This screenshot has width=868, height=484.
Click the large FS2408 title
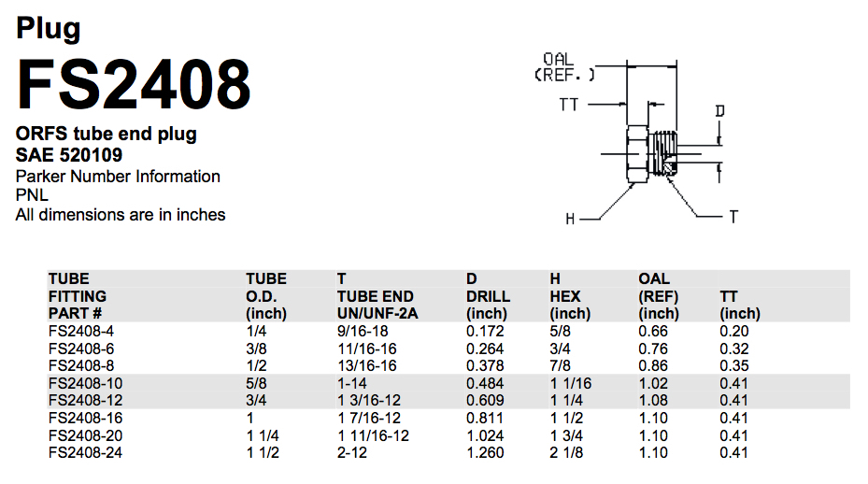click(134, 84)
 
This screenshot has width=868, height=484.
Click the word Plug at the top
click(48, 28)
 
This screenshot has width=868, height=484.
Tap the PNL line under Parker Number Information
click(32, 195)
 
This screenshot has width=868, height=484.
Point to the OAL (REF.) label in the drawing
click(564, 67)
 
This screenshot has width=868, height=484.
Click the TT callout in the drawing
click(569, 105)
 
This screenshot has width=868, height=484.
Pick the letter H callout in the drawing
click(570, 219)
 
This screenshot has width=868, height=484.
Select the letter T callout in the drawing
click(733, 217)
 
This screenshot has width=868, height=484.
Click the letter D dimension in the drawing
click(719, 111)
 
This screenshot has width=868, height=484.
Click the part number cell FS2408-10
click(85, 383)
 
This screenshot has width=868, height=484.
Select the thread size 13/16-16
click(366, 365)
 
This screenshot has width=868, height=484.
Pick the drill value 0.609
click(485, 400)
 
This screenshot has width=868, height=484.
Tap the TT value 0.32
click(734, 349)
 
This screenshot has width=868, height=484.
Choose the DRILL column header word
click(488, 296)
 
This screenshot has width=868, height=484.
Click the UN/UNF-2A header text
click(377, 313)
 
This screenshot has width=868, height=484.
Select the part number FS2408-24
click(85, 452)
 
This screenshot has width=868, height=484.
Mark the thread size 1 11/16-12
click(374, 435)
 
